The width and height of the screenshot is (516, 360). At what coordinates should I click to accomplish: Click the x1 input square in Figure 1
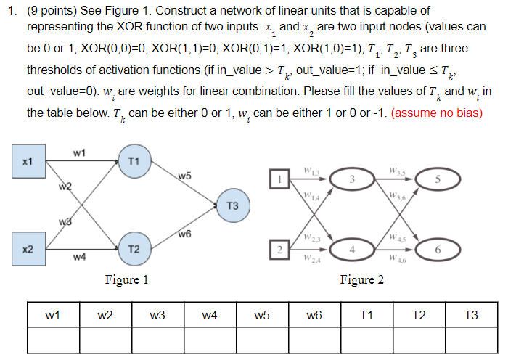coord(28,161)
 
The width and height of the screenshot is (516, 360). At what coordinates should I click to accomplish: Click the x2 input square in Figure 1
coord(28,249)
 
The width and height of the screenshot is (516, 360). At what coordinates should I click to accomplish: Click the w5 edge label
coord(185,176)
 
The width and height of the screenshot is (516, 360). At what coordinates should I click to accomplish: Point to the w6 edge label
coord(185,233)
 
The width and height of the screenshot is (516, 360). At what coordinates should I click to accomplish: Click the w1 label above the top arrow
coord(80,152)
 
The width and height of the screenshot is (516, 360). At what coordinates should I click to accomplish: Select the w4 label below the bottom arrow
coord(80,257)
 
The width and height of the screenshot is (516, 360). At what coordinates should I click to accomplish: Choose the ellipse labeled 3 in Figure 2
coord(351,179)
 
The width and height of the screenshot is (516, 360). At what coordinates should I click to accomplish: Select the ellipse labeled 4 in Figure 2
coord(351,250)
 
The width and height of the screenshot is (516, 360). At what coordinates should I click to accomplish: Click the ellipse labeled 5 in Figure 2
coord(437,179)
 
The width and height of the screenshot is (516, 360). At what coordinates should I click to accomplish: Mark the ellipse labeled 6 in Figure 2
coord(437,250)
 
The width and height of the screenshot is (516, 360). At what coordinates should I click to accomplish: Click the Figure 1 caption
coord(127,279)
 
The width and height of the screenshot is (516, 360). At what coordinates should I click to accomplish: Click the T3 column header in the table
coord(470,315)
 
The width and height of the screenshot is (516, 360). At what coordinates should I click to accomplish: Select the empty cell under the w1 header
coord(53,339)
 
